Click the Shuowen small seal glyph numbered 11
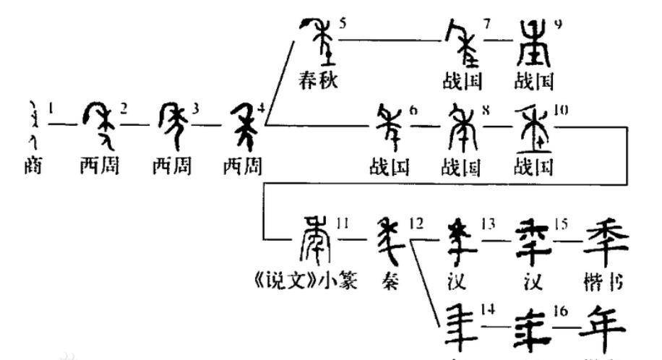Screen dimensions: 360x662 pyautogui.click(x=315, y=239)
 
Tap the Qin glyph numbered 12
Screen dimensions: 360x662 pyautogui.click(x=390, y=241)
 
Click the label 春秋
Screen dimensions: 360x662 pyautogui.click(x=318, y=80)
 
